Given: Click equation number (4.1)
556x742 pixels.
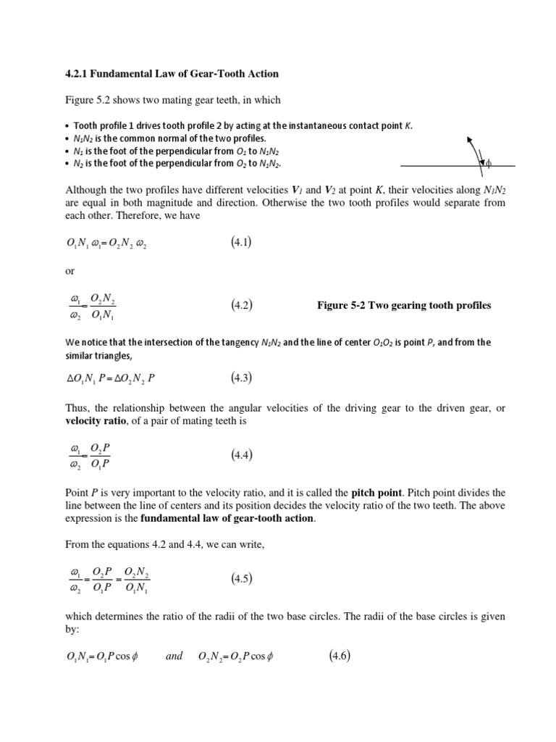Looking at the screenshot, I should pos(242,241).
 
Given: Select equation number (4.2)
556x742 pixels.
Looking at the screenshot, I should pos(242,305).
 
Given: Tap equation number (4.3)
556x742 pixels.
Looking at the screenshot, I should pos(242,377).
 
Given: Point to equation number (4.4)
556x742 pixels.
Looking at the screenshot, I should pos(242,455).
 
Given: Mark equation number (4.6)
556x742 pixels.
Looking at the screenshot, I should pos(340,656).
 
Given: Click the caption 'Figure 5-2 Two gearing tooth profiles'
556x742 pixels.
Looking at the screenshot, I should pos(403,305).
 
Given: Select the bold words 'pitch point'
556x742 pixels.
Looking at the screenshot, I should pos(376,492).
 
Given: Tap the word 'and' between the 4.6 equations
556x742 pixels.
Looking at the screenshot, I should pos(174,657).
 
